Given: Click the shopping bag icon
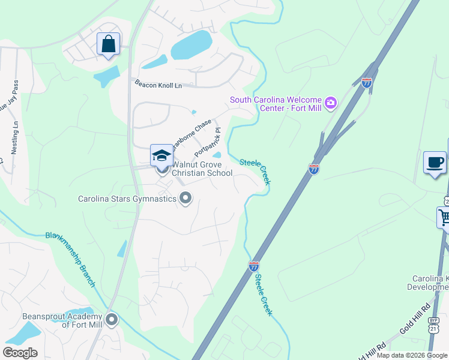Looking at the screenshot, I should pyautogui.click(x=108, y=44).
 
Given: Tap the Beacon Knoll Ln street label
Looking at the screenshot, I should pyautogui.click(x=158, y=85).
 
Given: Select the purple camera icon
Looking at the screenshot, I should pyautogui.click(x=330, y=104).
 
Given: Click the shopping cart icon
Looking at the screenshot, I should pyautogui.click(x=444, y=218).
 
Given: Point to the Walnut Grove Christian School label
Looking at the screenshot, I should pyautogui.click(x=202, y=169).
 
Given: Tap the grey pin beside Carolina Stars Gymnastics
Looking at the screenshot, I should pyautogui.click(x=185, y=198).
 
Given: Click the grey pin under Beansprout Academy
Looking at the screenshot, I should pyautogui.click(x=112, y=320).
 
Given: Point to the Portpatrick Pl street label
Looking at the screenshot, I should pyautogui.click(x=208, y=142).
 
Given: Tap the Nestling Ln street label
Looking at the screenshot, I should pyautogui.click(x=15, y=137).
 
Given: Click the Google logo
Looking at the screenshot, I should pyautogui.click(x=20, y=352).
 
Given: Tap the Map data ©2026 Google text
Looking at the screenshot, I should pyautogui.click(x=412, y=355).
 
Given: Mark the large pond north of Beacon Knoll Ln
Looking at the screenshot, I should pyautogui.click(x=191, y=45).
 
